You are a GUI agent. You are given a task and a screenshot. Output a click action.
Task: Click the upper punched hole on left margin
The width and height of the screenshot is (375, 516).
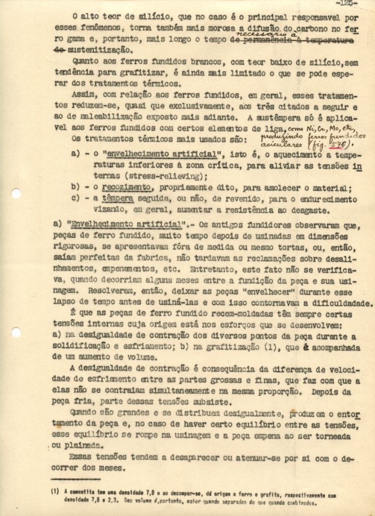click(16, 193)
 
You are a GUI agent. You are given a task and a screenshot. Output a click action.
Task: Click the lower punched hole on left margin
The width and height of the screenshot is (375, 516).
click(16, 332)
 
